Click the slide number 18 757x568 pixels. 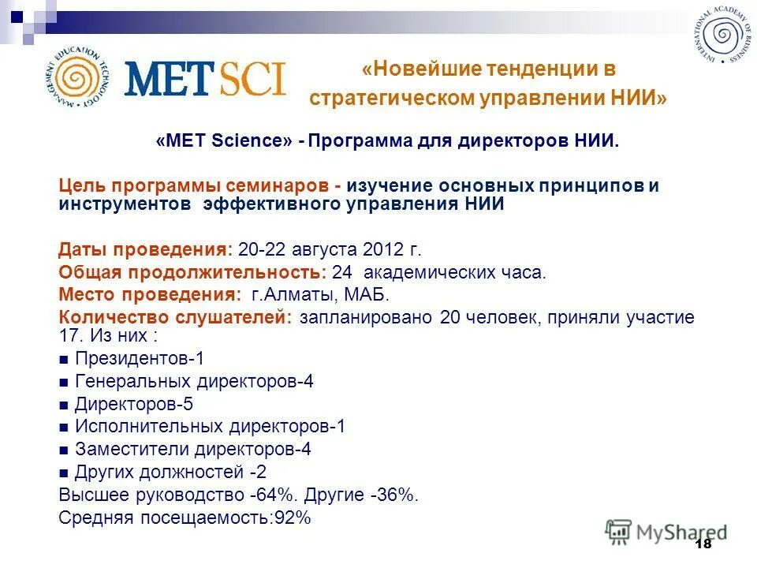703,544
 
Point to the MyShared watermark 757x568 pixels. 666,532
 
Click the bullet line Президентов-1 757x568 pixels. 139,358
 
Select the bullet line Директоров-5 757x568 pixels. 133,404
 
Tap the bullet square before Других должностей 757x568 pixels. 64,473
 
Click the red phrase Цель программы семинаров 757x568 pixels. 200,186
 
